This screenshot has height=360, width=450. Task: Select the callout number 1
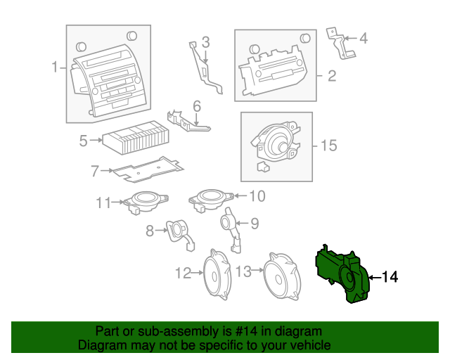pos(55,68)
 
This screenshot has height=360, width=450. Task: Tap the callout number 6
pos(197,106)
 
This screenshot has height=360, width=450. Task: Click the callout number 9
pos(254,224)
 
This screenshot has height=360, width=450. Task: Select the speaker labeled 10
pos(212,196)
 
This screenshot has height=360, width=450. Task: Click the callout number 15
pos(328,146)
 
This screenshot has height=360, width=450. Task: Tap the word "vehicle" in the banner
pos(310,345)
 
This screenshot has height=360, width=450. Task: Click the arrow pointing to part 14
pos(372,278)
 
